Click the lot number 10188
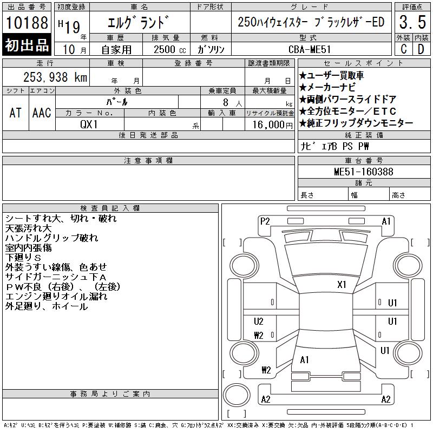pyautogui.click(x=27, y=23)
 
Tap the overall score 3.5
pyautogui.click(x=412, y=22)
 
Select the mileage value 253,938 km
pyautogui.click(x=55, y=77)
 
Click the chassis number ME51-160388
pyautogui.click(x=363, y=172)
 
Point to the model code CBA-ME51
pyautogui.click(x=310, y=49)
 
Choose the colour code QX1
pyautogui.click(x=89, y=124)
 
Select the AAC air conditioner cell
pyautogui.click(x=42, y=113)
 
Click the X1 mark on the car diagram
pyautogui.click(x=342, y=285)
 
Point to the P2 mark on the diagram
pyautogui.click(x=265, y=221)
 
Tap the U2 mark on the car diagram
pyautogui.click(x=259, y=322)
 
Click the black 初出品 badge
pyautogui.click(x=27, y=45)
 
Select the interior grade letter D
pyautogui.click(x=421, y=49)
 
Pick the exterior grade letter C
pyautogui.click(x=403, y=49)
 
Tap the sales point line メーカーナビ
pyautogui.click(x=327, y=88)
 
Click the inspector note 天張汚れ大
pyautogui.click(x=29, y=228)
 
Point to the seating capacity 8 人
pyautogui.click(x=233, y=103)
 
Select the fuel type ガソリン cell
pyautogui.click(x=211, y=49)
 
